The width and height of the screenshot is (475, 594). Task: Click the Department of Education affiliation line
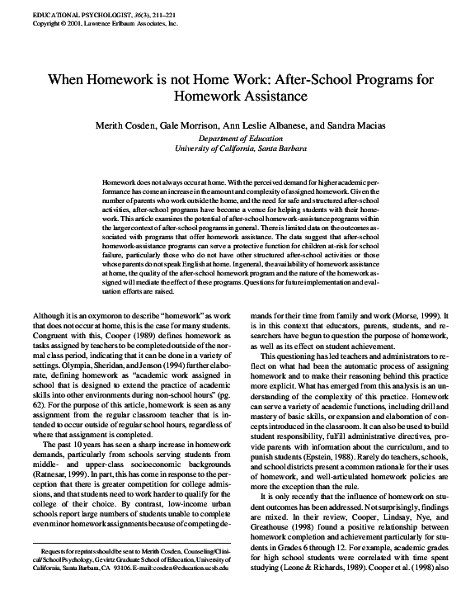click(x=237, y=138)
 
